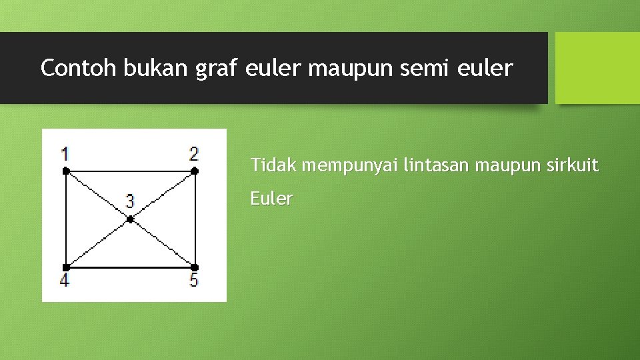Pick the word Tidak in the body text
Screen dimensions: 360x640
click(274, 165)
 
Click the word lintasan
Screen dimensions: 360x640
click(439, 165)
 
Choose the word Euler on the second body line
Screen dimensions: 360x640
click(271, 199)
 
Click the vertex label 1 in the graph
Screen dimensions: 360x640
click(65, 154)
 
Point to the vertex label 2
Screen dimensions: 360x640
click(193, 154)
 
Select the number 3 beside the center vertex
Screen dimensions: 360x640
click(130, 201)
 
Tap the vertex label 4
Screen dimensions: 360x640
click(64, 280)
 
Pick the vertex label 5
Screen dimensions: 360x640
click(193, 280)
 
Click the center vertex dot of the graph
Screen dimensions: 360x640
click(130, 219)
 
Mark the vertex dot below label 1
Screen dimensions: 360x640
click(65, 171)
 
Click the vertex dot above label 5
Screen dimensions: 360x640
click(194, 267)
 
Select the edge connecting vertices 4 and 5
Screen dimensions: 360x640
click(130, 267)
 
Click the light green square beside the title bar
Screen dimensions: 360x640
click(597, 68)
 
